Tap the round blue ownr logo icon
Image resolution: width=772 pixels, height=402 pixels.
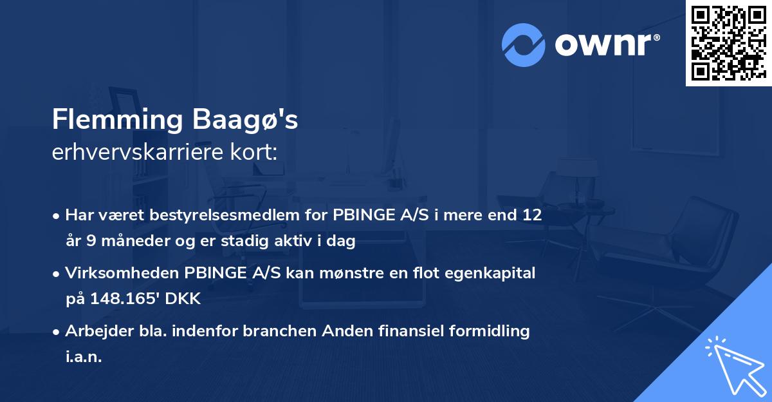pos(524,44)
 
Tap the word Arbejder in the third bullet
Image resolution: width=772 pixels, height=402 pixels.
pos(94,331)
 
